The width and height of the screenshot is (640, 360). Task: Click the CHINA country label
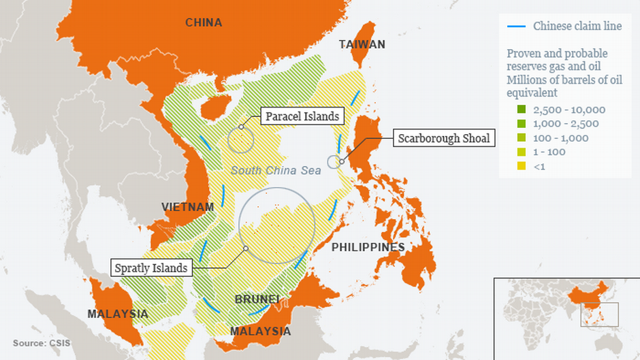point(204,22)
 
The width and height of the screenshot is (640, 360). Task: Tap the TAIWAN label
point(362,44)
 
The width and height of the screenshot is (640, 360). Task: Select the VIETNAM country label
point(187,207)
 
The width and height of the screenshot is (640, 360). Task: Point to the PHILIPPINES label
point(368,247)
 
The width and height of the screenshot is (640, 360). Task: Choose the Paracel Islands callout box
point(302,116)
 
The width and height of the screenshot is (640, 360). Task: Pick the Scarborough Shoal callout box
point(443,138)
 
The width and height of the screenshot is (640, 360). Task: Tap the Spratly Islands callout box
point(151,267)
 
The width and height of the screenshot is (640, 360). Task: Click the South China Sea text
point(275,170)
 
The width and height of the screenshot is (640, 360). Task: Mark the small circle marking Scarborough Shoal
point(334,161)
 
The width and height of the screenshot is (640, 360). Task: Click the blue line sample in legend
point(516,27)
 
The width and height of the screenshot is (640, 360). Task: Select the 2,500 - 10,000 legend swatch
point(522,110)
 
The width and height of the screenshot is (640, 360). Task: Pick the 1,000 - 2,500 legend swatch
point(522,124)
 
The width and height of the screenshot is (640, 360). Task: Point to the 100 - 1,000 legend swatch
point(522,138)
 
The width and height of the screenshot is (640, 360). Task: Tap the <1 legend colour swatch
point(522,166)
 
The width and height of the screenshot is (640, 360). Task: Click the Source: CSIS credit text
point(41,342)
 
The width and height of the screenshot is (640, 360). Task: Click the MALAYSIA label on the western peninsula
point(117,314)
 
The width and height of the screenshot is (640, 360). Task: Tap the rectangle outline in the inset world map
point(599,314)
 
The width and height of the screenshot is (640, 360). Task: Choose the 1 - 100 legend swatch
point(522,152)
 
